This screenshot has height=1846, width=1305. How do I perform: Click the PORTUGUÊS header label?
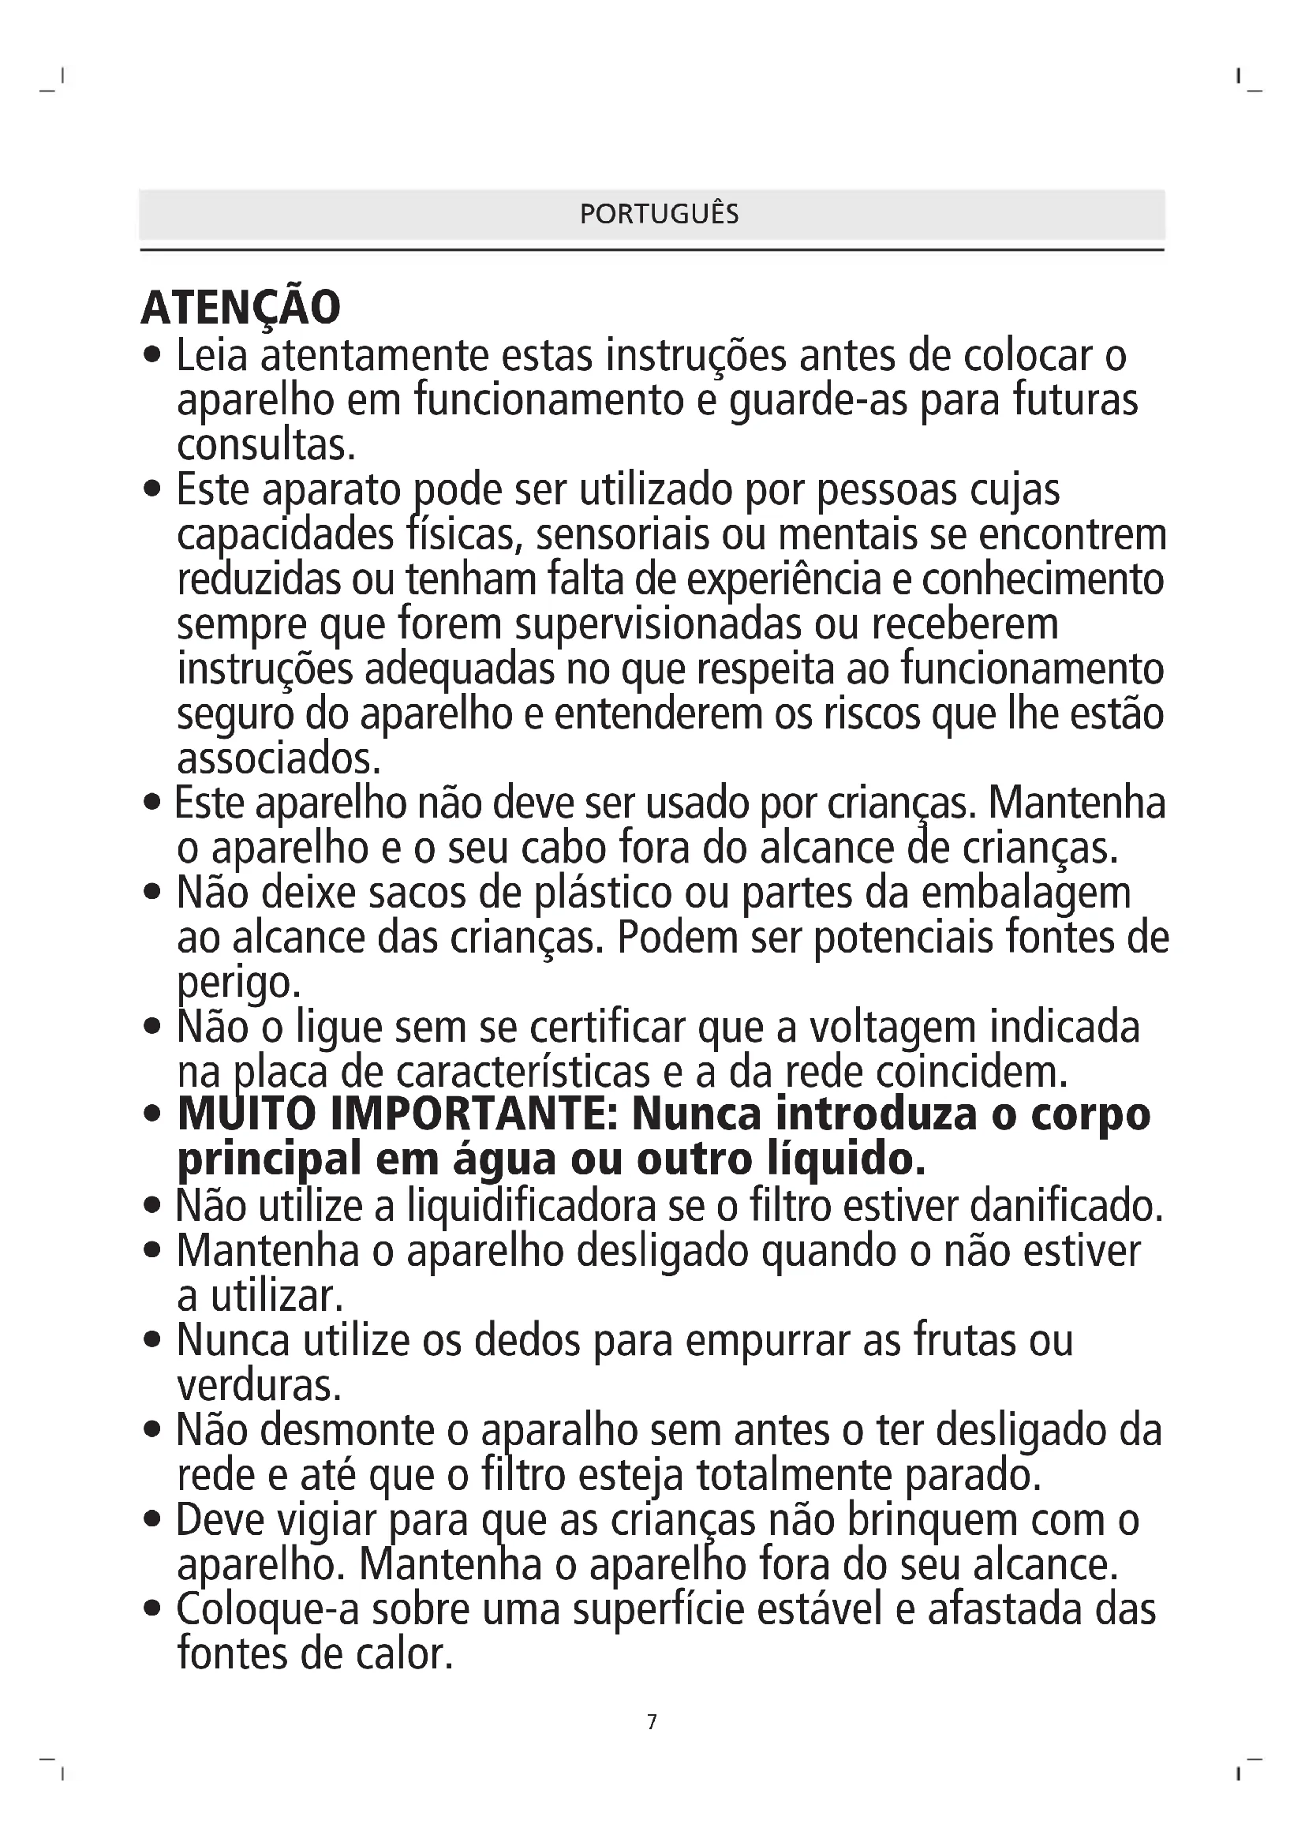(659, 214)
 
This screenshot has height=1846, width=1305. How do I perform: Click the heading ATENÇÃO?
(241, 307)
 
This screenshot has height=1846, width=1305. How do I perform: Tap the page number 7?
(652, 1721)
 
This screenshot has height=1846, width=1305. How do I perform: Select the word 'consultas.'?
(266, 445)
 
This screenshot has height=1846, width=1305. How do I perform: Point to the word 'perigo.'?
(238, 983)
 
